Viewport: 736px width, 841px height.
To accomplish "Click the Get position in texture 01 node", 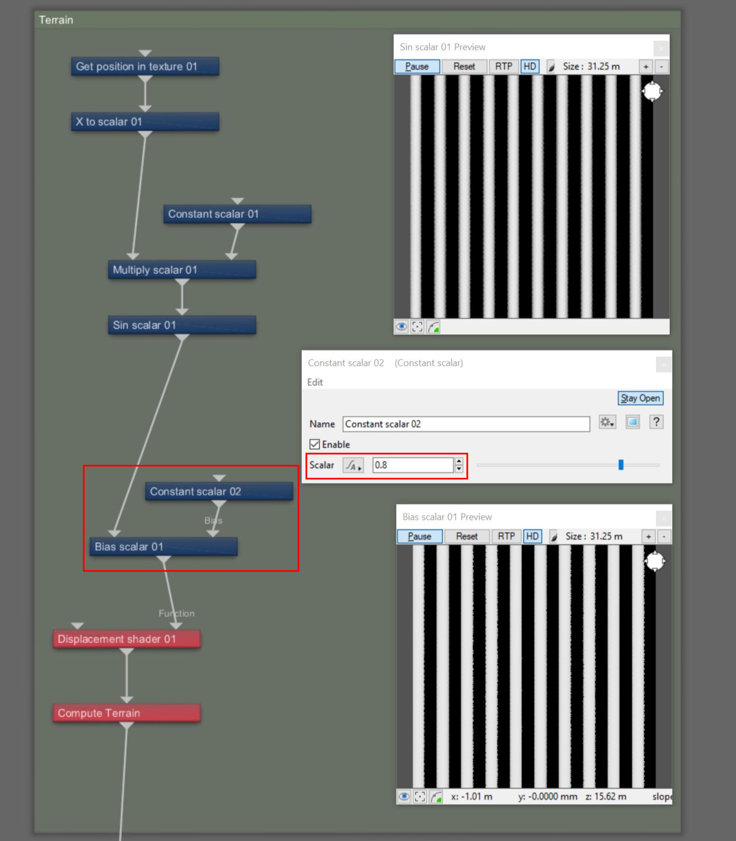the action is click(145, 67).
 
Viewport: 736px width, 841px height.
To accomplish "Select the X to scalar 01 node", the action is click(145, 122).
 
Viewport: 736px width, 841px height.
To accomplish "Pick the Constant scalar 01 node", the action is click(238, 214).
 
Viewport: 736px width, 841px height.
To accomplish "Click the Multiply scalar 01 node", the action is click(182, 270).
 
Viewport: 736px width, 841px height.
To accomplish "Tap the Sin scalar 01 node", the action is click(182, 325).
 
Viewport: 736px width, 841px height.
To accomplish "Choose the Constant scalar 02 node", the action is click(219, 491).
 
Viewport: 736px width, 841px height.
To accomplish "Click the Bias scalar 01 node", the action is click(163, 547).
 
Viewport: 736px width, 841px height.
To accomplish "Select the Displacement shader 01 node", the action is click(127, 639).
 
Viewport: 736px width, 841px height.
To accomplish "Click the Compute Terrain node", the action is click(127, 713).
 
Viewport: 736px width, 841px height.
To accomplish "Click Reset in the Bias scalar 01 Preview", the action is click(467, 536).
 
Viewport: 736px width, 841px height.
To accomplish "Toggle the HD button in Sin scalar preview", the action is click(530, 66).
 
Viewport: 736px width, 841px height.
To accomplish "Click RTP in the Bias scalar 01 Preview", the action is click(506, 536).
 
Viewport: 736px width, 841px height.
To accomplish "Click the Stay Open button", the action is click(640, 398).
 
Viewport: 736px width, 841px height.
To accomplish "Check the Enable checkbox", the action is click(315, 444).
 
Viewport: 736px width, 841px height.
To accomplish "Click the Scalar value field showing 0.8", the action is click(413, 465).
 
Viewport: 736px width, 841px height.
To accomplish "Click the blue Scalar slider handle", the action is click(621, 465).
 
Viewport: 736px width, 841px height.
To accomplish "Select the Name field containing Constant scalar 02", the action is click(466, 424).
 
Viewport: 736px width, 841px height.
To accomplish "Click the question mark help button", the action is click(656, 422).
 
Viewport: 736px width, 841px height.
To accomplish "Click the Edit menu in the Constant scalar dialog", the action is click(315, 382).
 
